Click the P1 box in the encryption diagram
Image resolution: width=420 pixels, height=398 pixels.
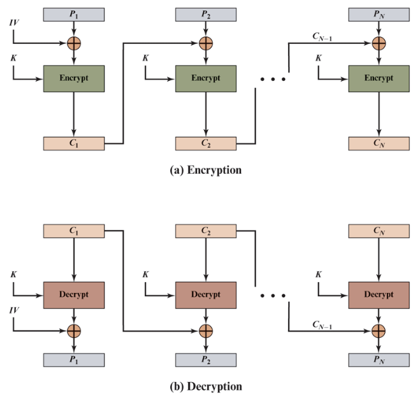click(74, 15)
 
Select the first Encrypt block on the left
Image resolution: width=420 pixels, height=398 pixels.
click(74, 78)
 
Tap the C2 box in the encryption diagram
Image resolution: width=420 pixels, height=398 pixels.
click(205, 143)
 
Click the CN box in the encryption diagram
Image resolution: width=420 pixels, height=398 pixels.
click(379, 143)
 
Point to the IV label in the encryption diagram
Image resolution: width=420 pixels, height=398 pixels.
click(14, 23)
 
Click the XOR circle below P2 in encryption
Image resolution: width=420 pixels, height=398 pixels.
click(205, 43)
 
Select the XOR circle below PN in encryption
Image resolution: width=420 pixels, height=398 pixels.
click(379, 43)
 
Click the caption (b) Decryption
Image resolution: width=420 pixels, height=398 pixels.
click(205, 387)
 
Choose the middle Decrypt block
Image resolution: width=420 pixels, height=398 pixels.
click(205, 295)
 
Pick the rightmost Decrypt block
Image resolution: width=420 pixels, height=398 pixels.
click(379, 295)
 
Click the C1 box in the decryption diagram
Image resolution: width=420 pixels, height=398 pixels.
click(74, 231)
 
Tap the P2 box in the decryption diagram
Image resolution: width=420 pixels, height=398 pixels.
click(205, 359)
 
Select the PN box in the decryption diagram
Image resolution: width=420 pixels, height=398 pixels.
click(379, 359)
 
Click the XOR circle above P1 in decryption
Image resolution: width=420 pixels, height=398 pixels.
click(74, 330)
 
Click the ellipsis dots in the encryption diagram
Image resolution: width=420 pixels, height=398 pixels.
click(273, 80)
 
